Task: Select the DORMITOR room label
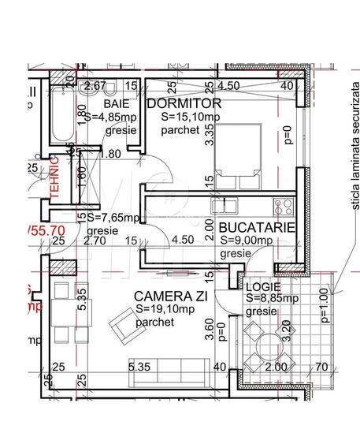184,103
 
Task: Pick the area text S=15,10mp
188,116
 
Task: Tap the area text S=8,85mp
271,299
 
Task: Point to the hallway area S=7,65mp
113,218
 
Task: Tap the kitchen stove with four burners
283,207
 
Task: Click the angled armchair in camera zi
124,326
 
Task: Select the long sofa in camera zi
168,368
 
